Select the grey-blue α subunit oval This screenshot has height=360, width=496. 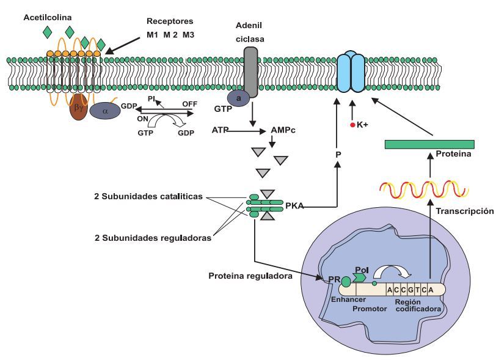104,111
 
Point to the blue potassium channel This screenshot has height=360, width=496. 351,72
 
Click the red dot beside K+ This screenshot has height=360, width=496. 352,125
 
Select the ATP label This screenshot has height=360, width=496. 221,130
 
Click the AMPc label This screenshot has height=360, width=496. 283,131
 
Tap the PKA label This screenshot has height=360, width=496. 294,207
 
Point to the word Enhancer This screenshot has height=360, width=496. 348,300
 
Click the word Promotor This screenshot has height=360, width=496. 370,308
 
